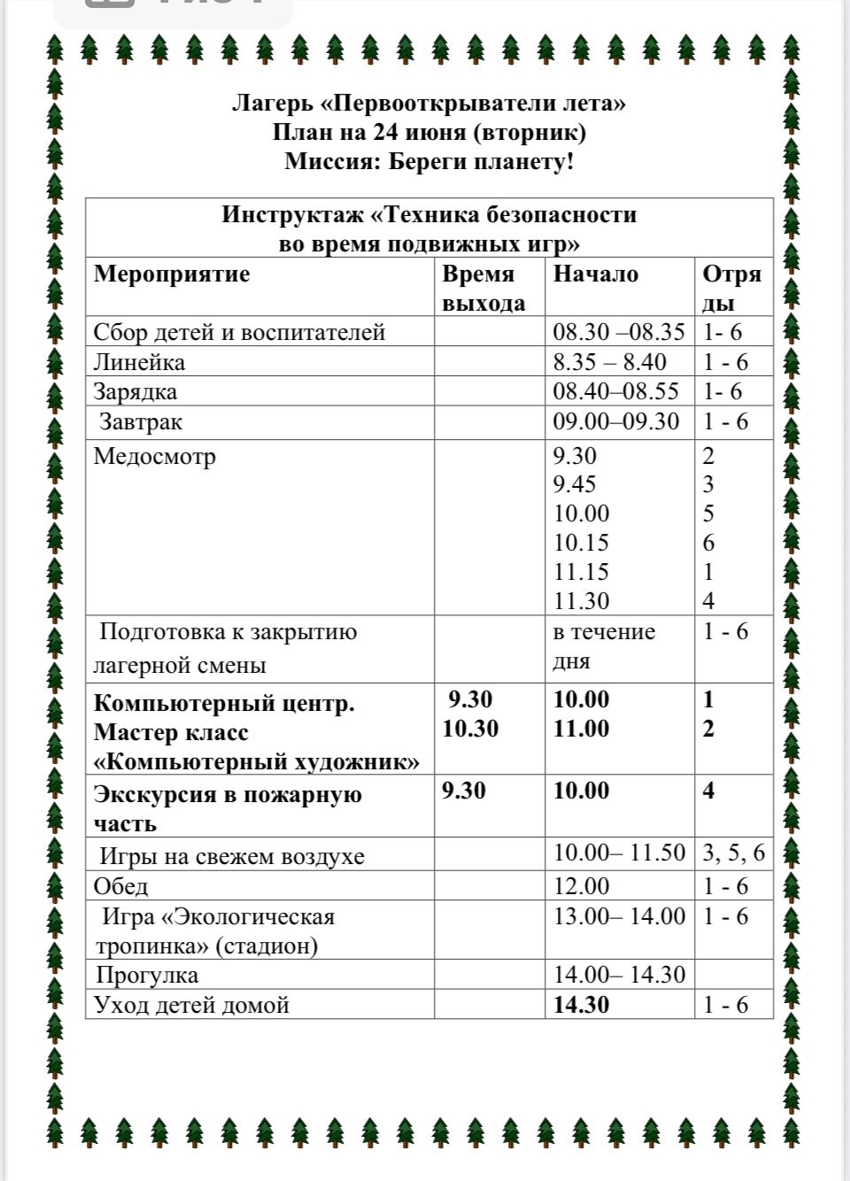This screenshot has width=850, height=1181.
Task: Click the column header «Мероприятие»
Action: click(172, 274)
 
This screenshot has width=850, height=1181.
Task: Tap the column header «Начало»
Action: click(595, 274)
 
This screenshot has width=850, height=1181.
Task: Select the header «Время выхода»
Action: click(483, 288)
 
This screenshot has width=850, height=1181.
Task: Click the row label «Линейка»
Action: click(139, 362)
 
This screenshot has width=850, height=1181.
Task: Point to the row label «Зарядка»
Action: click(135, 391)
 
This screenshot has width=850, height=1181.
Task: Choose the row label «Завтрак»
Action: click(141, 422)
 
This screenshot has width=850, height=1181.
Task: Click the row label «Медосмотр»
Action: click(154, 457)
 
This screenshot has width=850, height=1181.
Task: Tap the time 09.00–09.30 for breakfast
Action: click(615, 422)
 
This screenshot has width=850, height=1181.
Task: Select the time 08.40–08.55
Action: click(615, 391)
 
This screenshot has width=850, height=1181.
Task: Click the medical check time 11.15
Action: click(581, 572)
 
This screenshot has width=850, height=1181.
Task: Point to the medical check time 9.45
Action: click(575, 484)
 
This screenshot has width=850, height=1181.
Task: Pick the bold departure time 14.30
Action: click(581, 1005)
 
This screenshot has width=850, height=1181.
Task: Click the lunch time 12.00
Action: click(581, 886)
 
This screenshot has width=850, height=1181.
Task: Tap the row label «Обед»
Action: click(120, 886)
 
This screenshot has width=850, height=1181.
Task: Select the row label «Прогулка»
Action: click(147, 976)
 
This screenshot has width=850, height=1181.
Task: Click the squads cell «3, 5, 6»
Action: click(733, 853)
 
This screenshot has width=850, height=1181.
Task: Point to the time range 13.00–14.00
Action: click(619, 916)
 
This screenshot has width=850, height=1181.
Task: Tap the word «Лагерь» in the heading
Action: click(273, 104)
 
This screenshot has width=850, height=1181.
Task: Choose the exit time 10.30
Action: click(470, 729)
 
